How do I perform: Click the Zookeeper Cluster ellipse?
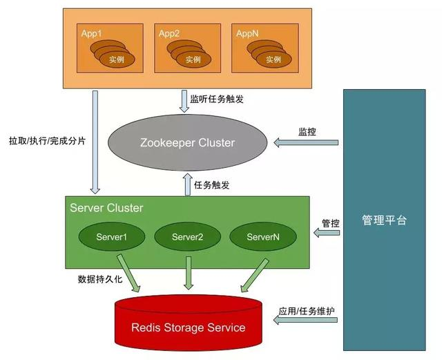(189, 143)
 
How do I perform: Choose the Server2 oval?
(187, 237)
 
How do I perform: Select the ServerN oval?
(263, 237)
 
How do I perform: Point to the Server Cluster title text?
(106, 207)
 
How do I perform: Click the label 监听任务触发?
(221, 99)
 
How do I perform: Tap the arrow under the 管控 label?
(327, 234)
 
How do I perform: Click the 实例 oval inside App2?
(193, 59)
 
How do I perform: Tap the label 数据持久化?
(101, 280)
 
